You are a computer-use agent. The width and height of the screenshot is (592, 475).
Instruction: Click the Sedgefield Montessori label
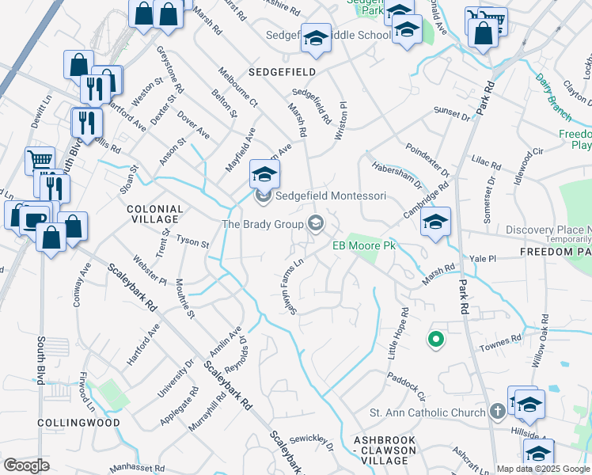(330, 196)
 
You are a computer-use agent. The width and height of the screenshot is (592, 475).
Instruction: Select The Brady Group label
(264, 224)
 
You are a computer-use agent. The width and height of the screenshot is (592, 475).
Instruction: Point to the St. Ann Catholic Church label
(427, 412)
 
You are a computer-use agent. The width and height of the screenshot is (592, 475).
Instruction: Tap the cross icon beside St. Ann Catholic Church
(497, 412)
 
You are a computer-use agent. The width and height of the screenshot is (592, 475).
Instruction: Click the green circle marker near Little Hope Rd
(435, 340)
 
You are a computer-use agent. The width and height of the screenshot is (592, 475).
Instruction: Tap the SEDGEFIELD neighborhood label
(282, 72)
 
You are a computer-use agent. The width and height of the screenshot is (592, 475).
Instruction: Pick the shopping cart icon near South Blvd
(39, 161)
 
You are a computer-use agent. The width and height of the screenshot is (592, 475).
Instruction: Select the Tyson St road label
(192, 241)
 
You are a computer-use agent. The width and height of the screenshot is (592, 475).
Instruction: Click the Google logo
(27, 465)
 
